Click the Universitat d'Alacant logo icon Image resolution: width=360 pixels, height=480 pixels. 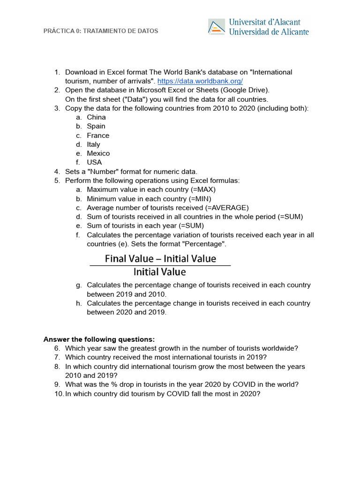[217, 27]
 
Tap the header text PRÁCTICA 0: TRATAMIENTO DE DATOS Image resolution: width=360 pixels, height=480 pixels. [101, 31]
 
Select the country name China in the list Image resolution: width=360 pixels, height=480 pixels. [96, 117]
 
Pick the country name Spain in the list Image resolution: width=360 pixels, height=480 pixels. [96, 126]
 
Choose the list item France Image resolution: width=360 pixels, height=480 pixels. [98, 135]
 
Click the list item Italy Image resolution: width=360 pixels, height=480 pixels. [93, 144]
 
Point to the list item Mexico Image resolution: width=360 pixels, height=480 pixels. [98, 153]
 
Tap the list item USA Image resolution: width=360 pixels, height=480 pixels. [94, 162]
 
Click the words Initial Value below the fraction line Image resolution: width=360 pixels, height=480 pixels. [160, 272]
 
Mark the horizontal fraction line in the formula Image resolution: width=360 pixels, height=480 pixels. [160, 265]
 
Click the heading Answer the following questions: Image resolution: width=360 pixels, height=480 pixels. [99, 339]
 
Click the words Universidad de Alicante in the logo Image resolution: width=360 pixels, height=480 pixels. [269, 32]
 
